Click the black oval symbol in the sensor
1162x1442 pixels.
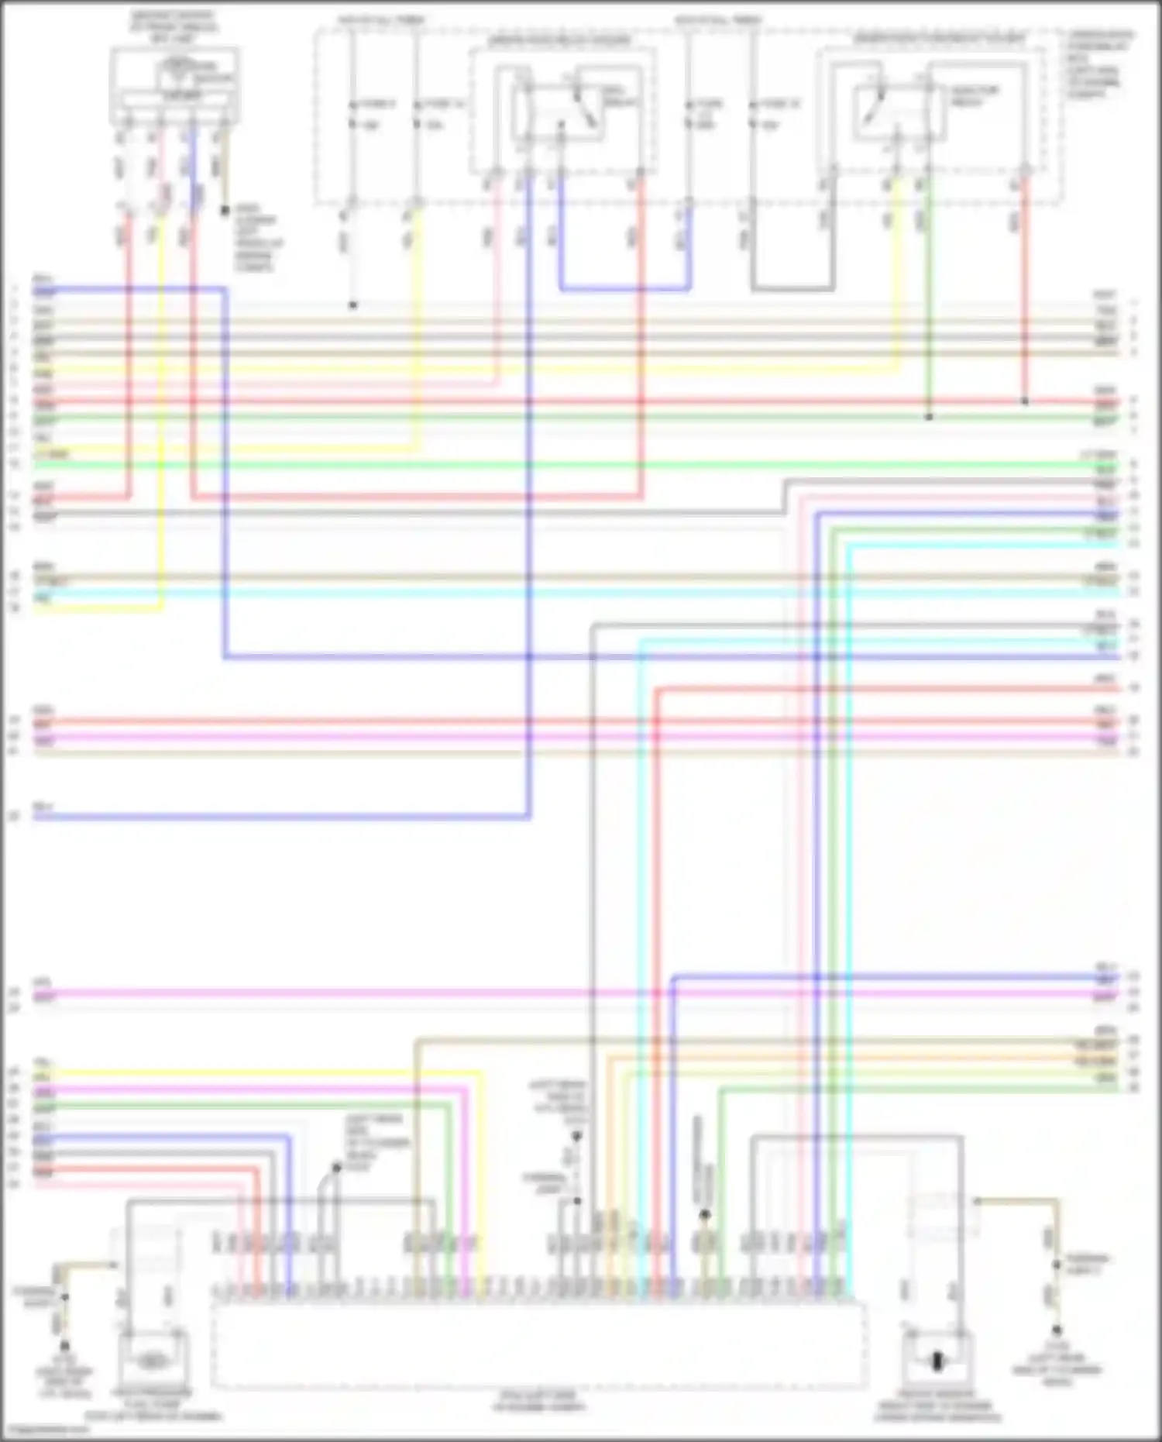click(937, 1361)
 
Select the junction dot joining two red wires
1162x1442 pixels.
click(1025, 402)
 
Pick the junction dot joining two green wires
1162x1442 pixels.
click(929, 418)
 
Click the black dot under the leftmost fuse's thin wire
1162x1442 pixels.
click(352, 305)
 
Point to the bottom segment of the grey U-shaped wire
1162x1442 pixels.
click(792, 290)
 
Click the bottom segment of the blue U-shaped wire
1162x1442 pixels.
click(624, 290)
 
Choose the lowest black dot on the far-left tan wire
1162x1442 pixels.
click(64, 1347)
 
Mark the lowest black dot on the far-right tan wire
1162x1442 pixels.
click(1057, 1330)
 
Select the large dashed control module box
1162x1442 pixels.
click(538, 1345)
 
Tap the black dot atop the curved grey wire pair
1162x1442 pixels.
click(337, 1168)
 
